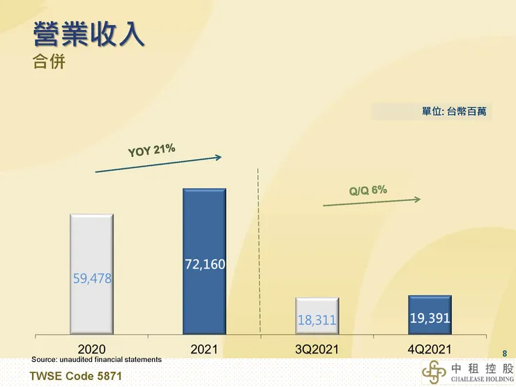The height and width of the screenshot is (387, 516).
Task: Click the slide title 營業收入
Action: [89, 35]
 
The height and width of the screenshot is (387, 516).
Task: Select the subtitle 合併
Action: [49, 62]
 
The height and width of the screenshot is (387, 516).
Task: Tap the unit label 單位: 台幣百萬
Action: [454, 111]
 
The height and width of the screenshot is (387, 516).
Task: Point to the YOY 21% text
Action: [151, 151]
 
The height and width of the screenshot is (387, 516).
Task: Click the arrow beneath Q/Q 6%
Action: [372, 202]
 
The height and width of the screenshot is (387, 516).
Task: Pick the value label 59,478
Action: [92, 278]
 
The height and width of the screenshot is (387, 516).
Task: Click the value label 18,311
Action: [317, 321]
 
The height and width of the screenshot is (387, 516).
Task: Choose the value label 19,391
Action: [430, 319]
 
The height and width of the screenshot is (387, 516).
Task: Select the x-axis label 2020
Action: [92, 348]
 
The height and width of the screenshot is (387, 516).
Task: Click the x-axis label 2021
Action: [204, 348]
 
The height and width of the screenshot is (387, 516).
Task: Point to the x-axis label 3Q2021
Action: [317, 348]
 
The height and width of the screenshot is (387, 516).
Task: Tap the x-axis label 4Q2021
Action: [430, 348]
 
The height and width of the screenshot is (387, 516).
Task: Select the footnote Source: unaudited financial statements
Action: [96, 359]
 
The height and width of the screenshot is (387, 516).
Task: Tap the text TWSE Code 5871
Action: [70, 377]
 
